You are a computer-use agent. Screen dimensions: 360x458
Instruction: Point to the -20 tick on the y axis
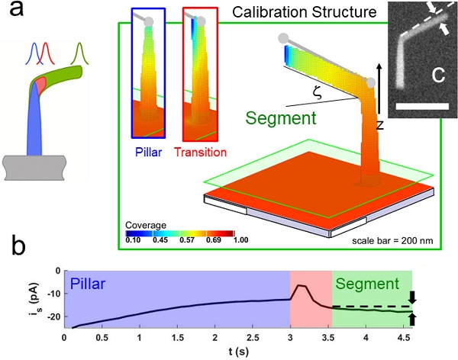point(55,313)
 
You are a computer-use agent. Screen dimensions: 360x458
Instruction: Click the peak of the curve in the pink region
point(302,286)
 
